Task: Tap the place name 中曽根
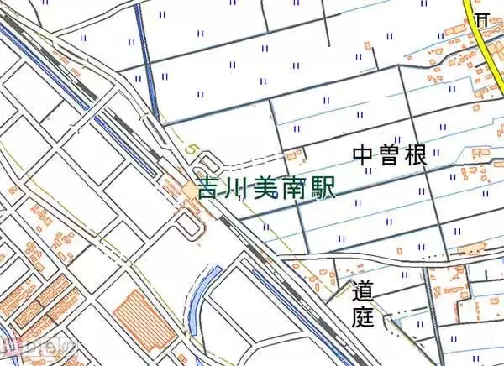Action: [390, 154]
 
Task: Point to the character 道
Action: [362, 293]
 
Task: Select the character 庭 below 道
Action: [362, 316]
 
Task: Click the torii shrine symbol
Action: [481, 18]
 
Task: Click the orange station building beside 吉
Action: [191, 191]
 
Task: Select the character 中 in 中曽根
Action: [364, 154]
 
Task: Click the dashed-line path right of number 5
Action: [252, 159]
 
